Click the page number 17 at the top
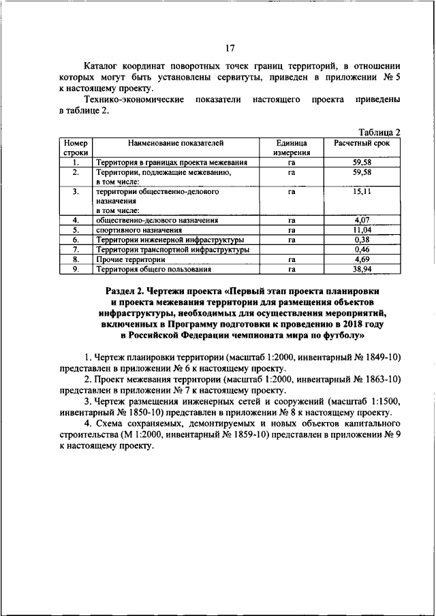pyautogui.click(x=230, y=48)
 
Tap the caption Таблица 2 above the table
pyautogui.click(x=379, y=132)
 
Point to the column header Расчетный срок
pyautogui.click(x=362, y=143)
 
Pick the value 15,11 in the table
pyautogui.click(x=362, y=193)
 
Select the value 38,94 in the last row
pyautogui.click(x=362, y=270)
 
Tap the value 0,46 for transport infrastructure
pyautogui.click(x=362, y=250)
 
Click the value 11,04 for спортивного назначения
pyautogui.click(x=362, y=231)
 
